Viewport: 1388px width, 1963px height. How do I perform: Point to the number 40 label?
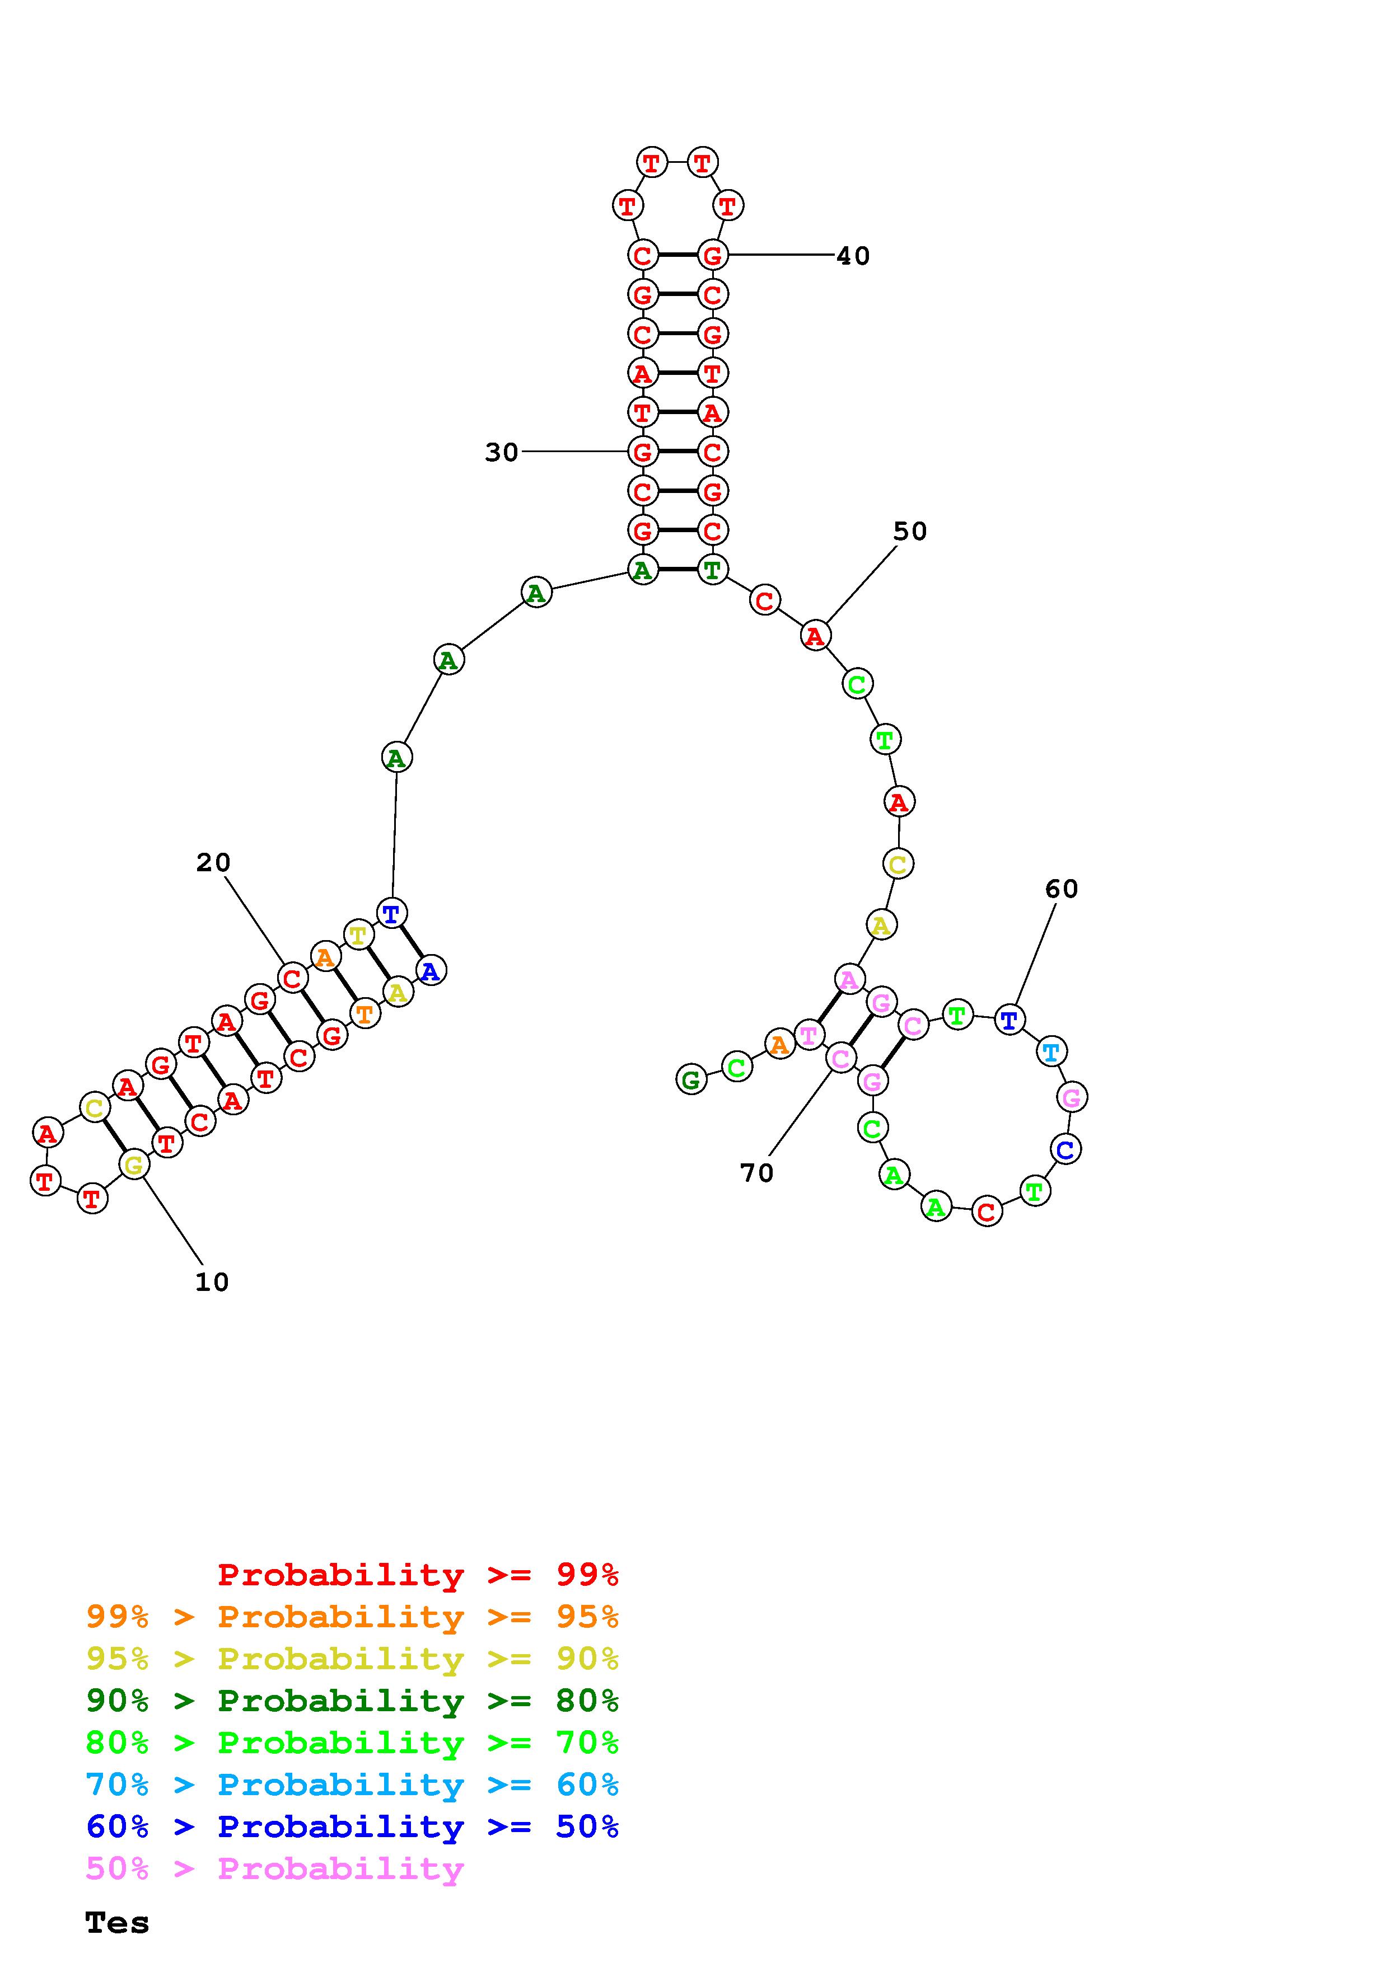[853, 256]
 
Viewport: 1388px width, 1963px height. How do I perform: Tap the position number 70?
[757, 1172]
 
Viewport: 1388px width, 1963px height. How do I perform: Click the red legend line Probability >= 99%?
[418, 1575]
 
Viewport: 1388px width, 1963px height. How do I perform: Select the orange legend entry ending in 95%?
[352, 1617]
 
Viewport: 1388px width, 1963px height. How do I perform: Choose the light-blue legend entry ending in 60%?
[352, 1784]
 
